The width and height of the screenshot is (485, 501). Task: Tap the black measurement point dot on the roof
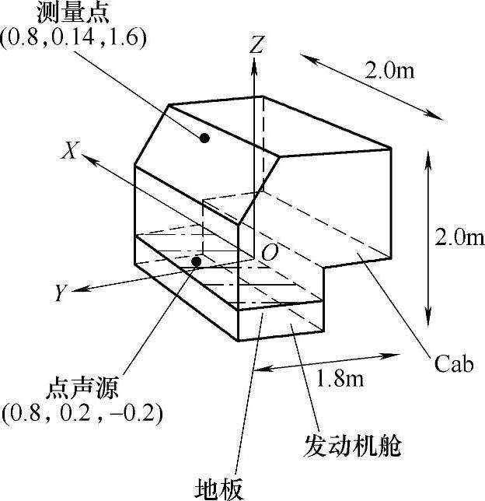coord(204,138)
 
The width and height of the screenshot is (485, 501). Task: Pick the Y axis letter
coord(60,293)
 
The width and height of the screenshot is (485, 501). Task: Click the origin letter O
coord(270,253)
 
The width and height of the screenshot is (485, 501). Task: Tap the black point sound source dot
coord(197,261)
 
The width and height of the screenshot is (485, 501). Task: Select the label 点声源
coord(81,387)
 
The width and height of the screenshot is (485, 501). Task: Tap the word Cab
coord(454,365)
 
